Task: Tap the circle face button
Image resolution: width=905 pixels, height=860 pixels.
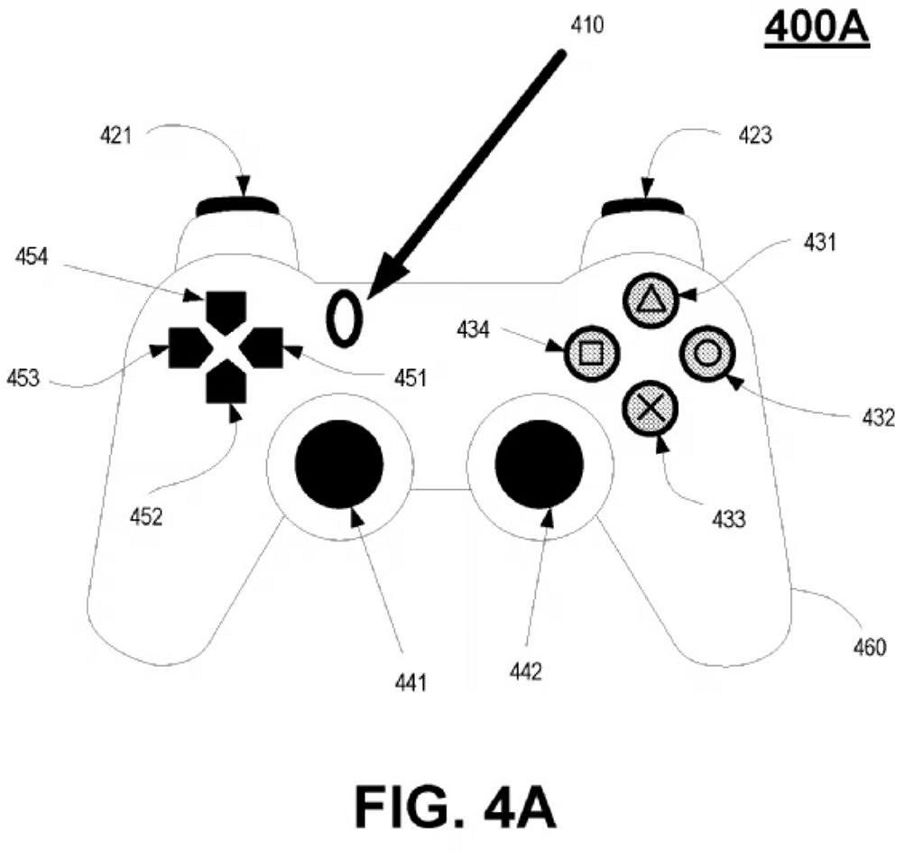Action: [x=707, y=351]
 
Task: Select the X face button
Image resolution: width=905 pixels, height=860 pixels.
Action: [x=649, y=406]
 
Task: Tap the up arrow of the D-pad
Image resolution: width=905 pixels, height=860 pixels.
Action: [x=226, y=308]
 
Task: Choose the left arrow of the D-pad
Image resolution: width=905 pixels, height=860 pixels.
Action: [x=188, y=347]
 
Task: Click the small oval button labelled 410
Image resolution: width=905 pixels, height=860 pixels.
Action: [x=344, y=319]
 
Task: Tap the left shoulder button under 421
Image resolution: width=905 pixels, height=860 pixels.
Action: [x=237, y=207]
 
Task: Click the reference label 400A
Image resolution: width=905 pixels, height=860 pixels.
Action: [x=816, y=28]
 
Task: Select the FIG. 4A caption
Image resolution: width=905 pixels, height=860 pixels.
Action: [x=455, y=805]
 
